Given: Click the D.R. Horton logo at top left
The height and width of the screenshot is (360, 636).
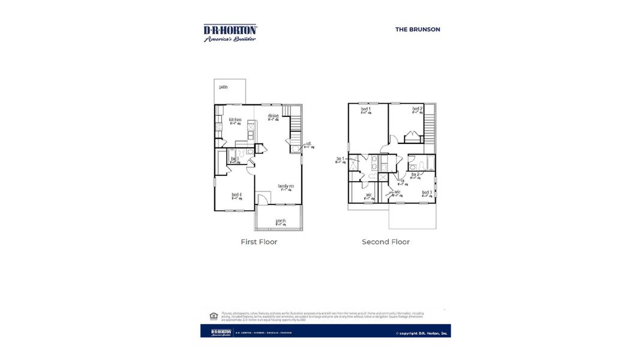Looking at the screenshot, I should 230,33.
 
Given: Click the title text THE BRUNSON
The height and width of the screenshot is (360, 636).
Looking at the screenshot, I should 418,29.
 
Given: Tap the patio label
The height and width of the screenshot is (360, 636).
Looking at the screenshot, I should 223,87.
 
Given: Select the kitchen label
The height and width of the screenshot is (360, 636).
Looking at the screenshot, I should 235,120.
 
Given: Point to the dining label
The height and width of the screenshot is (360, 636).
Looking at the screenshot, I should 273,116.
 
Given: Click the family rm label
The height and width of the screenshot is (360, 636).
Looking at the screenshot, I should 286,186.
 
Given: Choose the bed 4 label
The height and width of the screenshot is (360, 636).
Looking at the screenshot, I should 237,195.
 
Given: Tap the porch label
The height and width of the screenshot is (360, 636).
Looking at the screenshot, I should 281,221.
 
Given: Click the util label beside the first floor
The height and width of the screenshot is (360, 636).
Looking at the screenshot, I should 308,144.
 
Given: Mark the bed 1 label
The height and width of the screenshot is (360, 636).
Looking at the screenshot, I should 365,109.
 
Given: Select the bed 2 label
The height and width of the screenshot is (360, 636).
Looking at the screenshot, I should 417,109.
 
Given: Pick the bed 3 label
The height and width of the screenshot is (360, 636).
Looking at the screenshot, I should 427,193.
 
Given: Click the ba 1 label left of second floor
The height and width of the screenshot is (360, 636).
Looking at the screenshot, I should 340,159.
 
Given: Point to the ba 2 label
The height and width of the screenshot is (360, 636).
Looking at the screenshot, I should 415,175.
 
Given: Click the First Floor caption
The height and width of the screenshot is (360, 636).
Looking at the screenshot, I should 259,242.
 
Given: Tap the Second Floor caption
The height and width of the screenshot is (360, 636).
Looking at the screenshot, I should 385,242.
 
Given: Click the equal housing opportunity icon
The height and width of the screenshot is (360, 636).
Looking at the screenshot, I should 213,316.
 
